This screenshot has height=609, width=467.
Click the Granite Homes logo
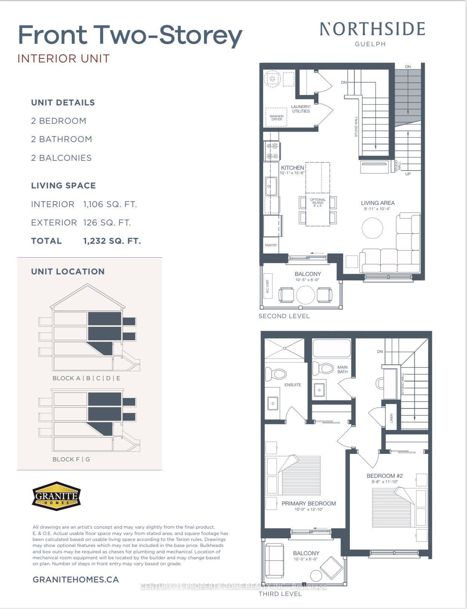(56, 496)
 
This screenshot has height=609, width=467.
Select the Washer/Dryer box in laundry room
(277, 117)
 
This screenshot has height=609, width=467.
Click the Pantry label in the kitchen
(271, 245)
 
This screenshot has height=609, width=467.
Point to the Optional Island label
(318, 202)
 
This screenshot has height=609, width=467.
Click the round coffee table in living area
(372, 228)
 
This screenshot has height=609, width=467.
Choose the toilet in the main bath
(323, 368)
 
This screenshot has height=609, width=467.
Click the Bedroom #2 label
(384, 476)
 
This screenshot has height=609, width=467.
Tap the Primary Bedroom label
(308, 504)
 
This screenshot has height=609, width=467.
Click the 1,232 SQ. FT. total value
(112, 241)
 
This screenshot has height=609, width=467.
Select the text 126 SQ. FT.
(107, 223)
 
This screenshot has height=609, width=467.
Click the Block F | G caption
(71, 459)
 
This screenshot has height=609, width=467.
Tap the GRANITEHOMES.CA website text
(76, 580)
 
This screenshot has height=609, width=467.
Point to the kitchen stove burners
(272, 151)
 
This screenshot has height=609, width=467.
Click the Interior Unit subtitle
(64, 59)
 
